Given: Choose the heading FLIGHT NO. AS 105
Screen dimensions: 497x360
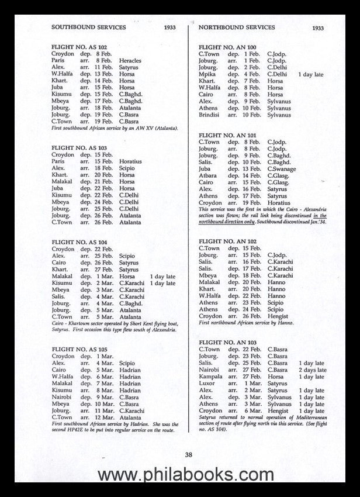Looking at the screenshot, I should click(79, 349).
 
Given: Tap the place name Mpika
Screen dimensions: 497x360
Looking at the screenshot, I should click(207, 75).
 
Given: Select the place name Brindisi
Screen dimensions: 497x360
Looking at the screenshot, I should click(209, 115).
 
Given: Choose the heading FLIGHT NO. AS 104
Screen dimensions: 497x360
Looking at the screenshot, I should click(79, 241).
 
